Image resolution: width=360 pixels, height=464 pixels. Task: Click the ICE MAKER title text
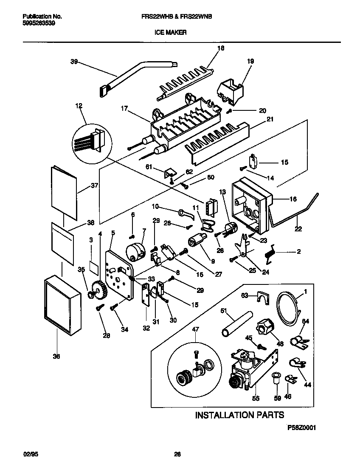point(173,32)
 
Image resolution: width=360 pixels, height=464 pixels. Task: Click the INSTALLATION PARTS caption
point(239,415)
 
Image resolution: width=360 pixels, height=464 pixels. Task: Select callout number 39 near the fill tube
point(74,62)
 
